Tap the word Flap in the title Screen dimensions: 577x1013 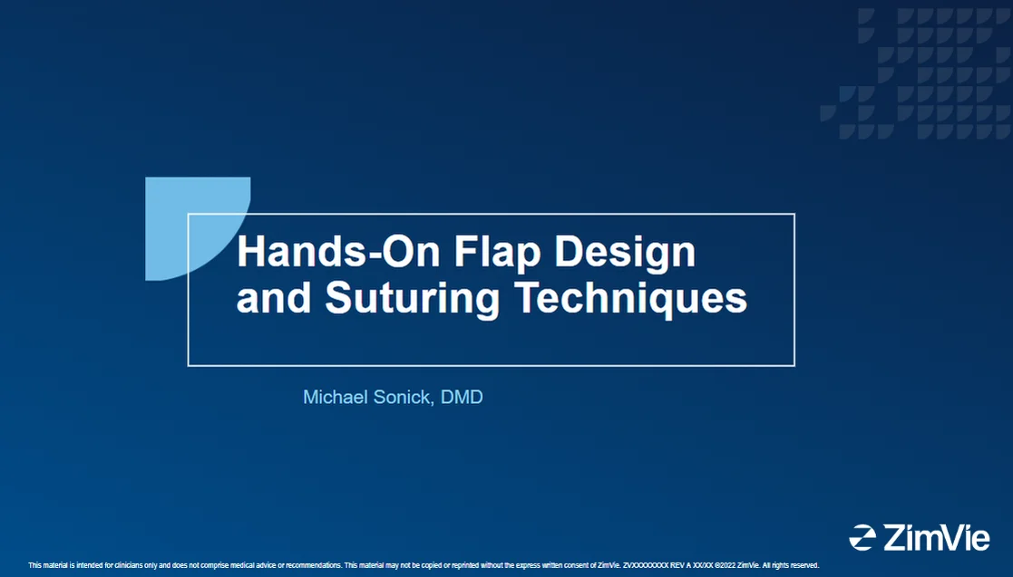491,253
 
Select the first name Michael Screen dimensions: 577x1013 335,397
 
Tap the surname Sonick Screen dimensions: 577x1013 403,397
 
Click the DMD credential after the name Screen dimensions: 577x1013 462,397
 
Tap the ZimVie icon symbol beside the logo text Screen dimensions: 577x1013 862,537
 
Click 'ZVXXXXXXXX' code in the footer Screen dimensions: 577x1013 645,565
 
